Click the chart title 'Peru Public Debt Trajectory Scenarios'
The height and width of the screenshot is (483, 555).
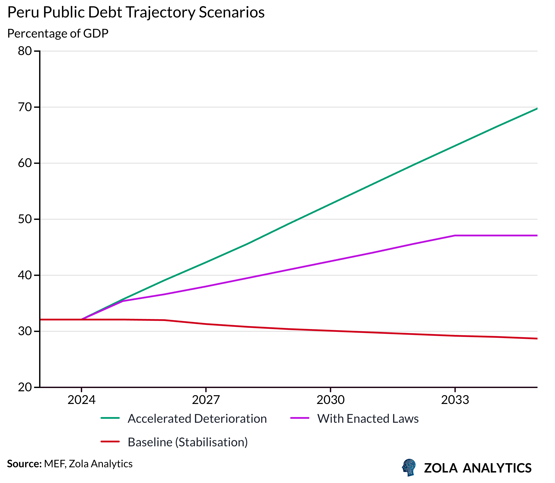(136, 12)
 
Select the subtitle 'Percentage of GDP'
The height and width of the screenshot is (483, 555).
(58, 33)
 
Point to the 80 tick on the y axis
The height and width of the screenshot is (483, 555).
(25, 51)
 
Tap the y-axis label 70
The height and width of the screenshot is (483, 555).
(25, 107)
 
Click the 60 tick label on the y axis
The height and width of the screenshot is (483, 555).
(25, 163)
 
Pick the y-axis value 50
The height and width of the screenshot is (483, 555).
(25, 219)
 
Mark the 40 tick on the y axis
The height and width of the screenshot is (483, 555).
(25, 275)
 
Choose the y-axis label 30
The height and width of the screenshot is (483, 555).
(25, 331)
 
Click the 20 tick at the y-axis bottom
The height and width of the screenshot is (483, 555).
(25, 387)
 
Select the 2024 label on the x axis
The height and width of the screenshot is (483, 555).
(82, 400)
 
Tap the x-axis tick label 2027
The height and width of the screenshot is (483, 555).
(206, 400)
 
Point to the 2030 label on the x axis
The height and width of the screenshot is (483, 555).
(330, 400)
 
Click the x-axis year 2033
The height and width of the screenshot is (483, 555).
(455, 400)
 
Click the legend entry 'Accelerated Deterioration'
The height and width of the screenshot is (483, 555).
(197, 419)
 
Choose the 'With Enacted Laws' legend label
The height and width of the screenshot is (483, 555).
(368, 419)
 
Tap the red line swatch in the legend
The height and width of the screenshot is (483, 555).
(110, 442)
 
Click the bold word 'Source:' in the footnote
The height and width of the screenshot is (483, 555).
(24, 464)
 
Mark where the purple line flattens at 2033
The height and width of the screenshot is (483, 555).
(455, 236)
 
